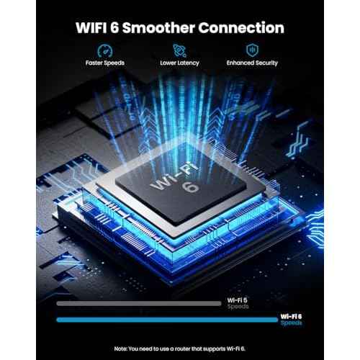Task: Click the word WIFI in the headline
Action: [x=91, y=27]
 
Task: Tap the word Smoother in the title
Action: [x=158, y=27]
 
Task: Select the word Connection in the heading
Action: [x=241, y=27]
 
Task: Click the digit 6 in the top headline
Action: [x=114, y=27]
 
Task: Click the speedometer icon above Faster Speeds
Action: [x=105, y=51]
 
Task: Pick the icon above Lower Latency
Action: [x=179, y=50]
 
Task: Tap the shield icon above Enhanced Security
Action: [x=252, y=50]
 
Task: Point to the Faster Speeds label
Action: [x=105, y=63]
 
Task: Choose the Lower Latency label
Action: [x=179, y=63]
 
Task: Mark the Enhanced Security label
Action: [x=252, y=63]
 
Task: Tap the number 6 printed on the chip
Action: [x=191, y=187]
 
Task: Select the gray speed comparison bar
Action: [x=139, y=304]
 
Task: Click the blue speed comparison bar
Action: [x=167, y=320]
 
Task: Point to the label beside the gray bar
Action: [x=238, y=303]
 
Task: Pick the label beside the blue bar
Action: [x=291, y=320]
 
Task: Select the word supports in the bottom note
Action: [x=214, y=349]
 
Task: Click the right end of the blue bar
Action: [x=277, y=320]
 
